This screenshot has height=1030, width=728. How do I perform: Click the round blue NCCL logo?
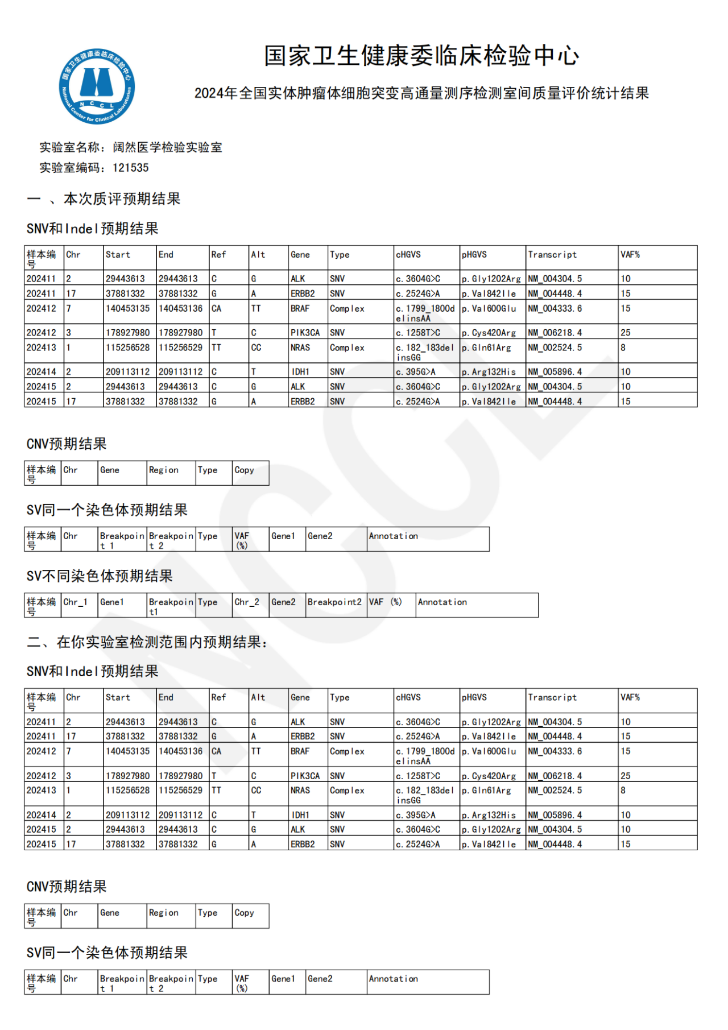97,86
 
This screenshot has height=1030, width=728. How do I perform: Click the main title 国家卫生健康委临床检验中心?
421,56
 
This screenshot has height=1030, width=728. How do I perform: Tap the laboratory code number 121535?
130,168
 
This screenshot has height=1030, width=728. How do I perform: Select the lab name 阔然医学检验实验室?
167,147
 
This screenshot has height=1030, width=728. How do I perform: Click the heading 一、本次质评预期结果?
104,198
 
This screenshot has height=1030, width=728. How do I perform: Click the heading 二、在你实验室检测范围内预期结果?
147,642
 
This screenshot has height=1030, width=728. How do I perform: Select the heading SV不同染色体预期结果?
100,576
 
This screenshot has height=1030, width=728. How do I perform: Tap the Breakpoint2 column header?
334,602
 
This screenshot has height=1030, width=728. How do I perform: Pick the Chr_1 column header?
76,602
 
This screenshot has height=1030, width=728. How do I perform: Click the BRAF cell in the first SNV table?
300,309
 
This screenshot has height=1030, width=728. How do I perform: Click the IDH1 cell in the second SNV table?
300,815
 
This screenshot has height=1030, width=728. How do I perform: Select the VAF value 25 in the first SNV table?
626,333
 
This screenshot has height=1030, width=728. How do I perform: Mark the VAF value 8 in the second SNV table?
623,791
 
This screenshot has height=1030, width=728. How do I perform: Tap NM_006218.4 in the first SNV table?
555,333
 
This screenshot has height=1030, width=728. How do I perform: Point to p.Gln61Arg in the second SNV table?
487,791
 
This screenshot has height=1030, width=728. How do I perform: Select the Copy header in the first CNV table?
245,470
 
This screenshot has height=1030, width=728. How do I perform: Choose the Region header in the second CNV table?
164,912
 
